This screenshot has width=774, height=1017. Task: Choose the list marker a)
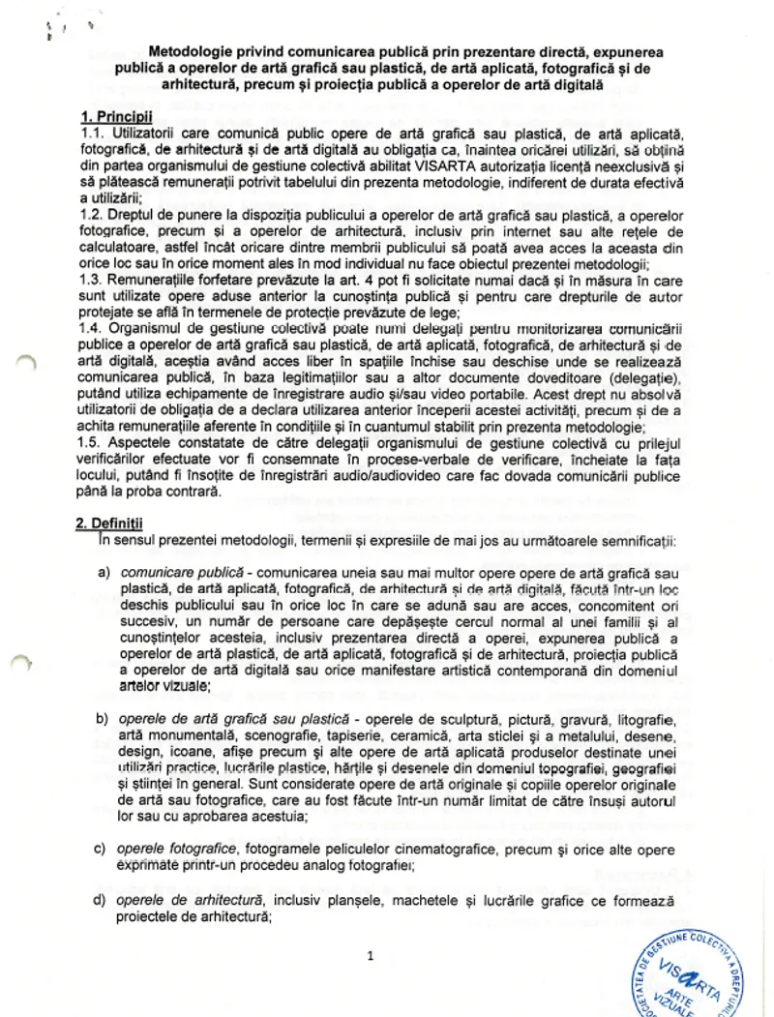coord(102,575)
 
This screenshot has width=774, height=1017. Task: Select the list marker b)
coord(102,721)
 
